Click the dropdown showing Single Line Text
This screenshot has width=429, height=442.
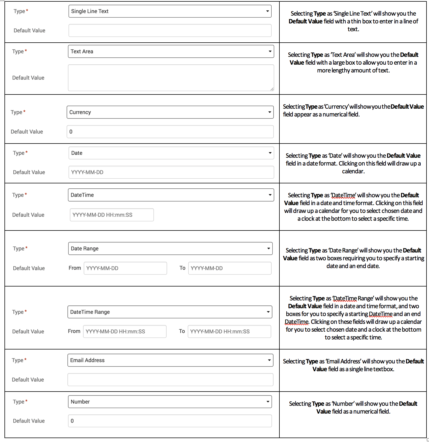click(170, 11)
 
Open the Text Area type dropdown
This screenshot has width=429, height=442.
click(171, 52)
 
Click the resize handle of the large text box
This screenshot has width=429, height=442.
click(272, 89)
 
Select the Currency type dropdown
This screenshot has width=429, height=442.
click(170, 112)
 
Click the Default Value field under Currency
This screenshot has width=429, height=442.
click(170, 132)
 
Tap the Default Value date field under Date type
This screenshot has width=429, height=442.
click(171, 173)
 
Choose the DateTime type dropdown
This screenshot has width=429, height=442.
click(171, 195)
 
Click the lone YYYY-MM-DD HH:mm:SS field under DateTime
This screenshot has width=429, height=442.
click(112, 215)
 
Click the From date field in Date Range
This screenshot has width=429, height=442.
click(125, 268)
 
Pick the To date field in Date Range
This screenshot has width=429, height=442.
click(230, 268)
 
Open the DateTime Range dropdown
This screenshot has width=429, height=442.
click(170, 312)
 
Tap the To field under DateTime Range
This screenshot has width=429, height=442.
click(229, 332)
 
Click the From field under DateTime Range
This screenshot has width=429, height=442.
click(125, 332)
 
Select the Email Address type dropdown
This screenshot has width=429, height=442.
click(170, 360)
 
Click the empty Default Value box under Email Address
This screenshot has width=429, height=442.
click(170, 380)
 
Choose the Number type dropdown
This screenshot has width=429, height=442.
click(170, 402)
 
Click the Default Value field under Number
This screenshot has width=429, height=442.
click(170, 421)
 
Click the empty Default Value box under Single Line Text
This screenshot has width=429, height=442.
click(170, 31)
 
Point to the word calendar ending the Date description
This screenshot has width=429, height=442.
click(353, 171)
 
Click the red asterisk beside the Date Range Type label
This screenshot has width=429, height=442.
click(26, 248)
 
